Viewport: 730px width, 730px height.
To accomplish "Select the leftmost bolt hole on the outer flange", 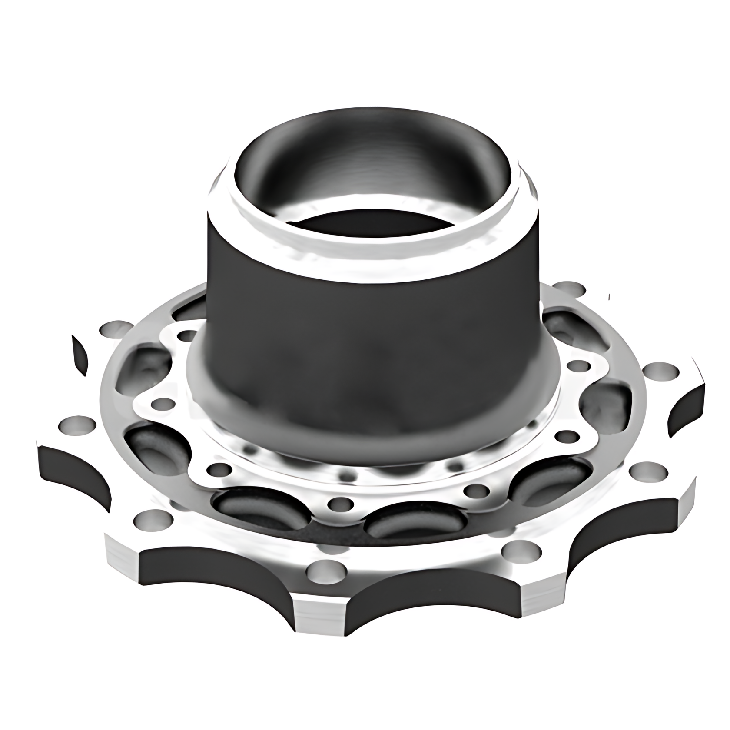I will coord(79,424).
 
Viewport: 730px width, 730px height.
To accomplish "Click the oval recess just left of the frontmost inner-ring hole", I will coord(252,506).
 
